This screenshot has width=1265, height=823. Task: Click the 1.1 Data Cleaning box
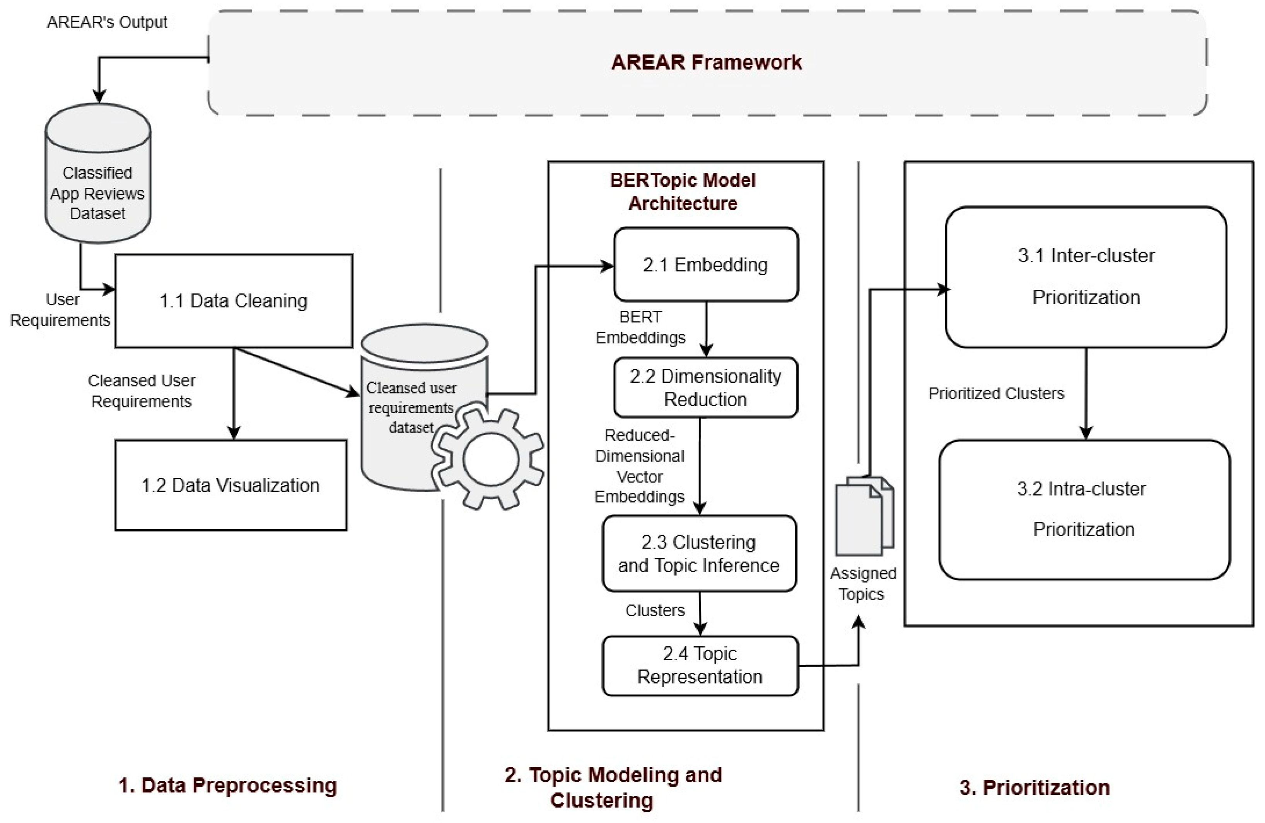[234, 301]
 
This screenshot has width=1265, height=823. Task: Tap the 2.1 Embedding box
[706, 264]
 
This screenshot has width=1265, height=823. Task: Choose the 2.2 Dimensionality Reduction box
[706, 387]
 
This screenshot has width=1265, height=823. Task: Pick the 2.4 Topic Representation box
[700, 665]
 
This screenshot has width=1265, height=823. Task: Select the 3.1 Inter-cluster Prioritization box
[1086, 277]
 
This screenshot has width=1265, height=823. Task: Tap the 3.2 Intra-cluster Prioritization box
[1084, 509]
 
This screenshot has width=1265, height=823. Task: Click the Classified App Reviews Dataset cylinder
[98, 173]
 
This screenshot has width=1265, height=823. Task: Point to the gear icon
[488, 459]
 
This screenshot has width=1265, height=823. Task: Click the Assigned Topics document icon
[865, 515]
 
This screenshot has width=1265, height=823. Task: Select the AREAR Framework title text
[707, 62]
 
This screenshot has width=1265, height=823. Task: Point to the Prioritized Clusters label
[996, 393]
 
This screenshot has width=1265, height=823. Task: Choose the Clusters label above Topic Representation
[655, 610]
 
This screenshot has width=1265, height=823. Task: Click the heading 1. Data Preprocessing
[227, 785]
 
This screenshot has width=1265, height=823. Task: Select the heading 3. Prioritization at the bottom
[1035, 787]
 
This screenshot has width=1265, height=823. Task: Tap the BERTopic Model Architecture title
[683, 192]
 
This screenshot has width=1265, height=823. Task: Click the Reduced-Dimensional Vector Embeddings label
[639, 466]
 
